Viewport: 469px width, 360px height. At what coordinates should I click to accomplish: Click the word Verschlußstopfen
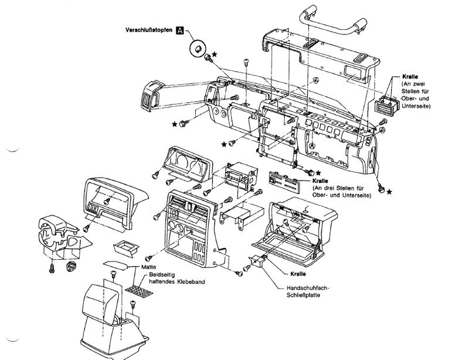pos(149,30)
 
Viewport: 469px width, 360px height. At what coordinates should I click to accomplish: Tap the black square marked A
pos(180,30)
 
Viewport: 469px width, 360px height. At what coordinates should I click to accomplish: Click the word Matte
pos(149,267)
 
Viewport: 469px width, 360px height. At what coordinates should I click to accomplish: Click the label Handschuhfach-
pos(308,288)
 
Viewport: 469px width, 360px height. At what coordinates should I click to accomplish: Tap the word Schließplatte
pos(303,295)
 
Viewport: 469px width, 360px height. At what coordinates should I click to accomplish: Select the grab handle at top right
pos(333,21)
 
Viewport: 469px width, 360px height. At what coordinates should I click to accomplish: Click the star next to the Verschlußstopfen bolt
pos(215,54)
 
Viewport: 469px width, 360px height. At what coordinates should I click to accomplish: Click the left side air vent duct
pos(152,96)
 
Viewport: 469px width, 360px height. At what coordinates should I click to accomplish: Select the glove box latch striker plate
pos(257,261)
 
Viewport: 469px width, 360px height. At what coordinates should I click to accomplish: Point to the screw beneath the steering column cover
pos(52,268)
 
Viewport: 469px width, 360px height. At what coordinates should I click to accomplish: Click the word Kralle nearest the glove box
pos(298,274)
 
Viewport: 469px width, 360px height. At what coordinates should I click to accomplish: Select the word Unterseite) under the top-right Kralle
pos(416,106)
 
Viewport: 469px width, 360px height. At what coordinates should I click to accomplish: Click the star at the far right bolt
pos(389,192)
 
